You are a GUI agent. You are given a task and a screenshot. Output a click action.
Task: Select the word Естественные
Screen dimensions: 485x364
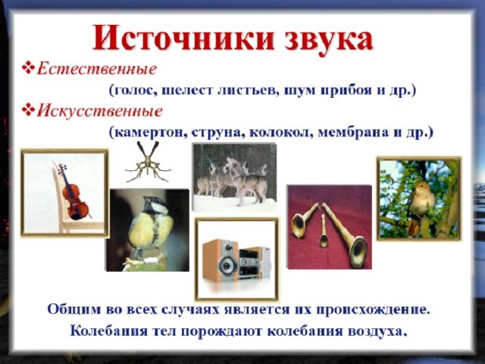coord(96,69)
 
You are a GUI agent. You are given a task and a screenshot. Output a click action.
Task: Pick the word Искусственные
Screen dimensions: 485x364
coord(99,111)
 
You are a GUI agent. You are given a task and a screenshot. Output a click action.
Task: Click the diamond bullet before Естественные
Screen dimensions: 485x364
coord(28,68)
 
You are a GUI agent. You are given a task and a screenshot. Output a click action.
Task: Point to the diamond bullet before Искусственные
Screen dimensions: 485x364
coord(28,110)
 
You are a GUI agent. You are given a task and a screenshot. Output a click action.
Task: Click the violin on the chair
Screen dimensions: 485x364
coord(73,192)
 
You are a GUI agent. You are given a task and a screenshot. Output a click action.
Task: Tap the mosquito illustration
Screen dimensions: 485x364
coord(148,162)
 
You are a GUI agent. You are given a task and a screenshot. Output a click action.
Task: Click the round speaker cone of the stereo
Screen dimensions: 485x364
coord(227,265)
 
